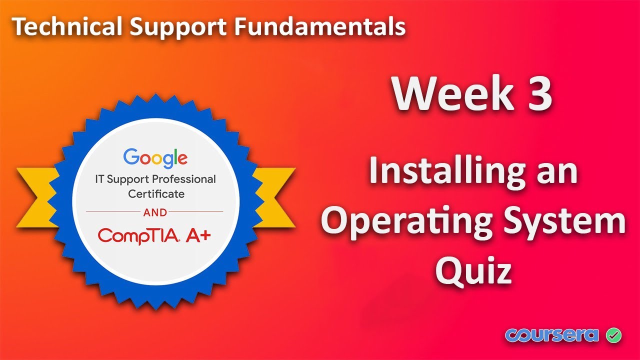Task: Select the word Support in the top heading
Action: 173,28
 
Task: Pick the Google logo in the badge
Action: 155,157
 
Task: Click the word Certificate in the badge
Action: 156,193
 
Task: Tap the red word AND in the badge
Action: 155,212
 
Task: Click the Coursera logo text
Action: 551,334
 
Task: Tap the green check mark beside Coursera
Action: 613,334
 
